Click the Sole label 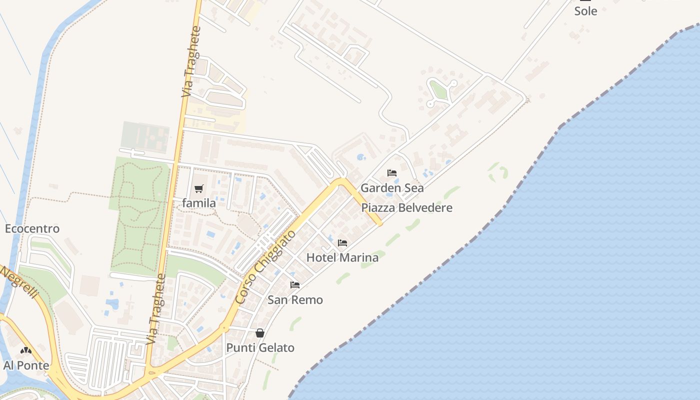point(585,11)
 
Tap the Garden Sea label point(392,188)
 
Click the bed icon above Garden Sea point(392,173)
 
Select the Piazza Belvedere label point(406,207)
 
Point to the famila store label point(199,203)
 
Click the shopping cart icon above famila point(199,188)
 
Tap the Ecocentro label point(32,228)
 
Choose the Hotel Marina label point(342,257)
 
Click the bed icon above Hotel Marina point(342,243)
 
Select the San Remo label point(295,300)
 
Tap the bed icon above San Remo point(295,285)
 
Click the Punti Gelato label point(260,347)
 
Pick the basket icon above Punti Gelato point(260,333)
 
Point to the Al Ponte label point(26,365)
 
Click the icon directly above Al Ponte point(26,351)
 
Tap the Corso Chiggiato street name point(265,267)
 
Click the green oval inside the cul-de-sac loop point(438,90)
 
